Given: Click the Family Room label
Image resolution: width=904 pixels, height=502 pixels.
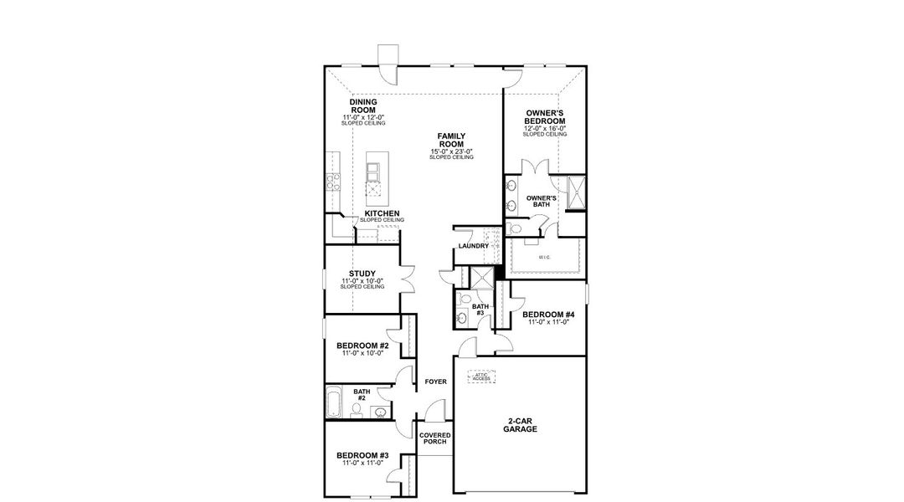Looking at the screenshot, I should (x=452, y=140).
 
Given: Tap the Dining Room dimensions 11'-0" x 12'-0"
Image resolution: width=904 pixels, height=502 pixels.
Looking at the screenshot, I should (x=362, y=117).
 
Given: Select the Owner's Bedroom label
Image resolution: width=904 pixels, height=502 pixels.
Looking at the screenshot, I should (x=545, y=116).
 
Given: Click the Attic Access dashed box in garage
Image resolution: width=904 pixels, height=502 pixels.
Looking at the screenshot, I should (x=481, y=377).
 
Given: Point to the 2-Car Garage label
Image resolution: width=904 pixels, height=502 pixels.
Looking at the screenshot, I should (x=520, y=424).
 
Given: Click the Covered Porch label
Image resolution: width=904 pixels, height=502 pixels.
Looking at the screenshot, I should (x=435, y=438).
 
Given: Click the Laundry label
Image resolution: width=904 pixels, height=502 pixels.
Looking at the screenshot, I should (x=473, y=246).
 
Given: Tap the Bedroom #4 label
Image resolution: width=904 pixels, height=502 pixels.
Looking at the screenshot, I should (x=548, y=315).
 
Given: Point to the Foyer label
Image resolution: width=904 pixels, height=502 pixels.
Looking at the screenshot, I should (x=435, y=382).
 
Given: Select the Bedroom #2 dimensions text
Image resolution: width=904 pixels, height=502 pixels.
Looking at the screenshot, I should (x=362, y=353).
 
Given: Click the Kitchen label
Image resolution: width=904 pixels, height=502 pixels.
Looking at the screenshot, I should (x=381, y=213).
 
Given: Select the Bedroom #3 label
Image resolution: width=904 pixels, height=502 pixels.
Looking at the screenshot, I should (x=362, y=456).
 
